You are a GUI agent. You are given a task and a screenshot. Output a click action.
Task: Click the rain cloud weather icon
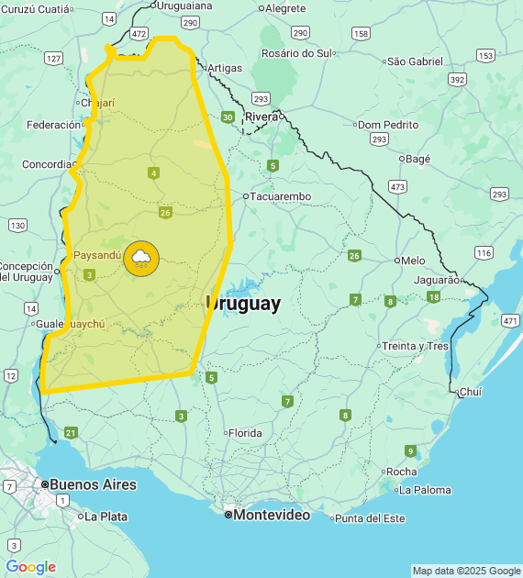pos(141,258)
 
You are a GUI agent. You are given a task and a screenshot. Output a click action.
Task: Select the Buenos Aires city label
pos(93,484)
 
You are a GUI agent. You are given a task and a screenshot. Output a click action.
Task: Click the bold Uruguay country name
pos(244,305)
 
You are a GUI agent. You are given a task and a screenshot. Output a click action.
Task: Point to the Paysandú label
pos(97,255)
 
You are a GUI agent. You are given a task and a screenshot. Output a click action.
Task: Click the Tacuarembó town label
pos(281,196)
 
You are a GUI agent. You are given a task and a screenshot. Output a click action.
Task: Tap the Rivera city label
pos(261,117)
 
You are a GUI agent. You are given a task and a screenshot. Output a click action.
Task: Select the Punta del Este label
pos(369,518)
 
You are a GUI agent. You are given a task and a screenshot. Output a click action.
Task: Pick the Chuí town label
pos(470,392)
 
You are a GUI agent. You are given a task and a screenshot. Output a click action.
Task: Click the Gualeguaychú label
pos(71,324)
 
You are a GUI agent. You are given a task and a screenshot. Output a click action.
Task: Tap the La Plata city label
pos(106,517)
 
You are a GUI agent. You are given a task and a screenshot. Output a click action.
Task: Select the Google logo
pos(30,567)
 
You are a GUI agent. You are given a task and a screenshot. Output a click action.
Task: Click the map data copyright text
pos(465,571)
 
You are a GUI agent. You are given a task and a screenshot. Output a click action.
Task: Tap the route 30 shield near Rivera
pos(228,117)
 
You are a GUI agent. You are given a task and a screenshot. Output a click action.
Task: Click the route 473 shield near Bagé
pos(397,187)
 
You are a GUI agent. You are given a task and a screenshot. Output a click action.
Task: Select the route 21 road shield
pos(72,432)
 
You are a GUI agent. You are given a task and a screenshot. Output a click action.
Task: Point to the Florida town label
pos(245,433)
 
